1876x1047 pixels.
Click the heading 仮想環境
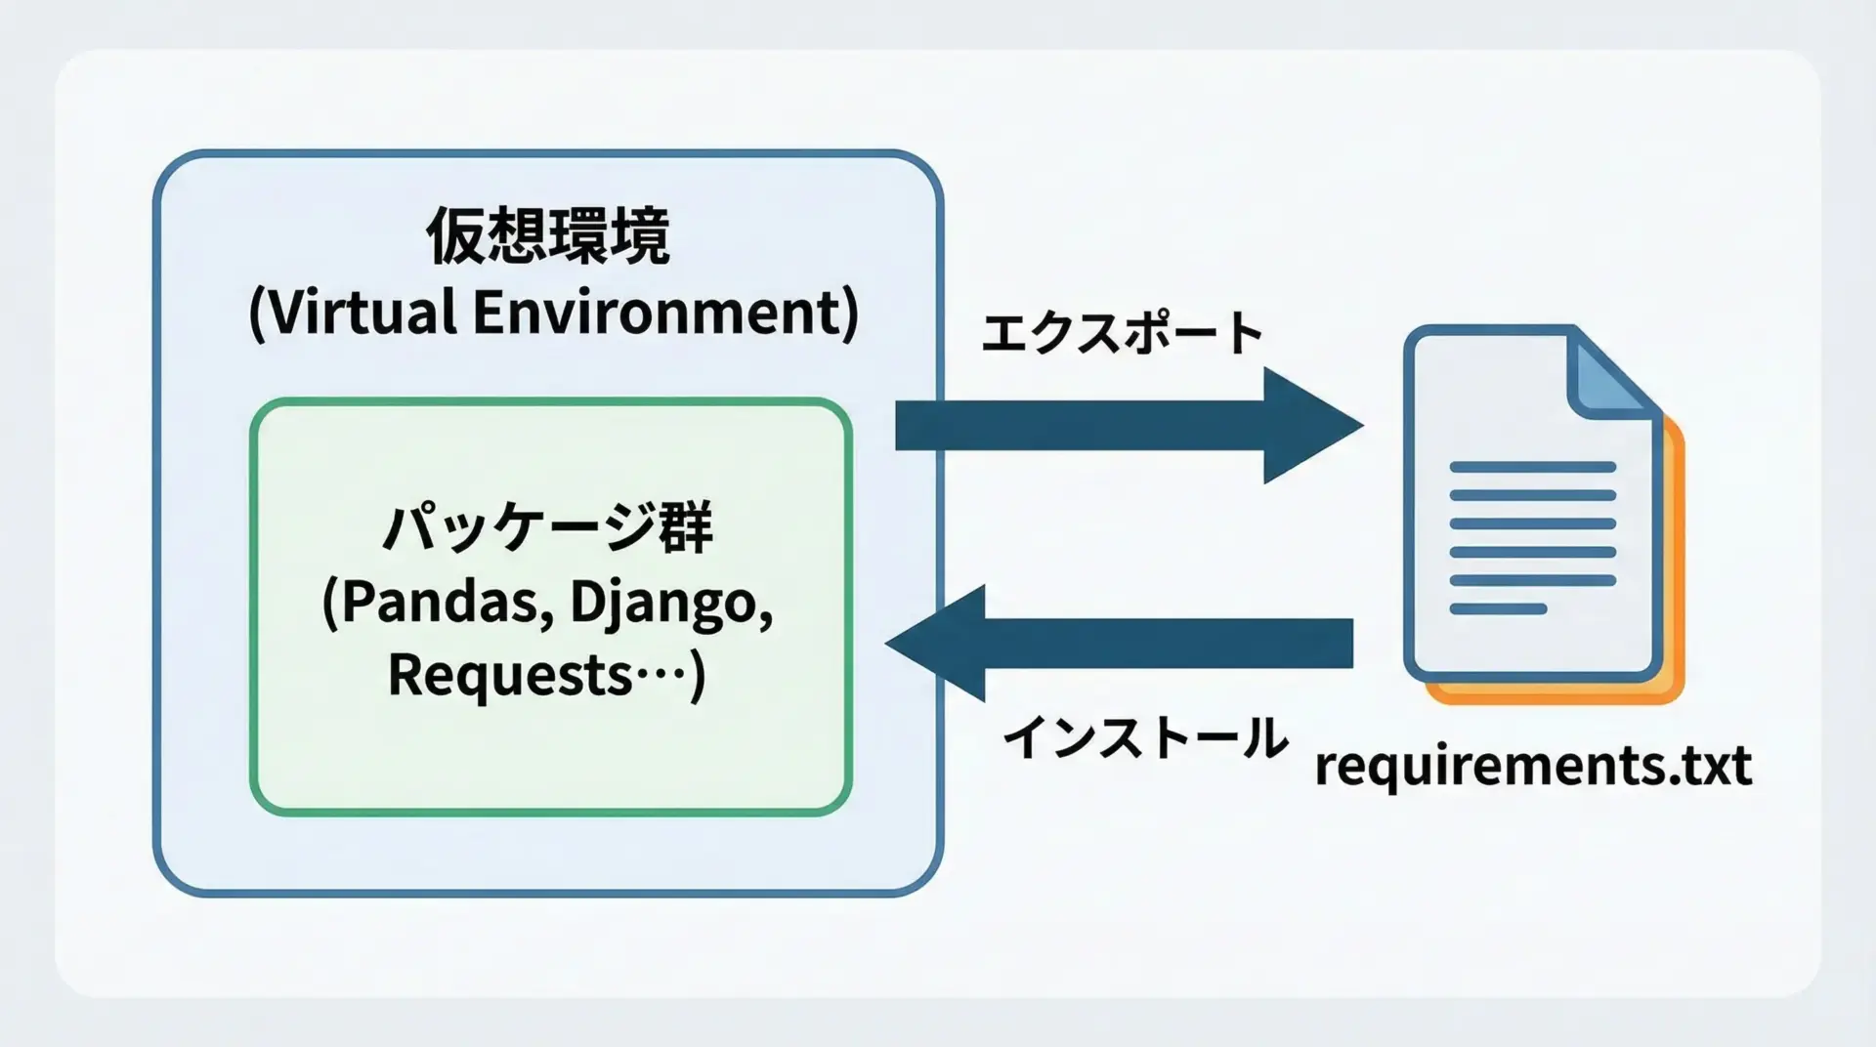pyautogui.click(x=548, y=236)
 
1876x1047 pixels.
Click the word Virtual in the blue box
pyautogui.click(x=360, y=313)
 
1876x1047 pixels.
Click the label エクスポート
pyautogui.click(x=1122, y=334)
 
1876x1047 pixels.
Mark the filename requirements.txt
pyautogui.click(x=1532, y=765)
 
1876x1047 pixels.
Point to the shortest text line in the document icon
pyautogui.click(x=1498, y=609)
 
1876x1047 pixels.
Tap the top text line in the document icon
pyautogui.click(x=1532, y=467)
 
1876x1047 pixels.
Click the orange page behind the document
pyautogui.click(x=1673, y=586)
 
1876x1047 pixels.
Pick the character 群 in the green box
pyautogui.click(x=686, y=528)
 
